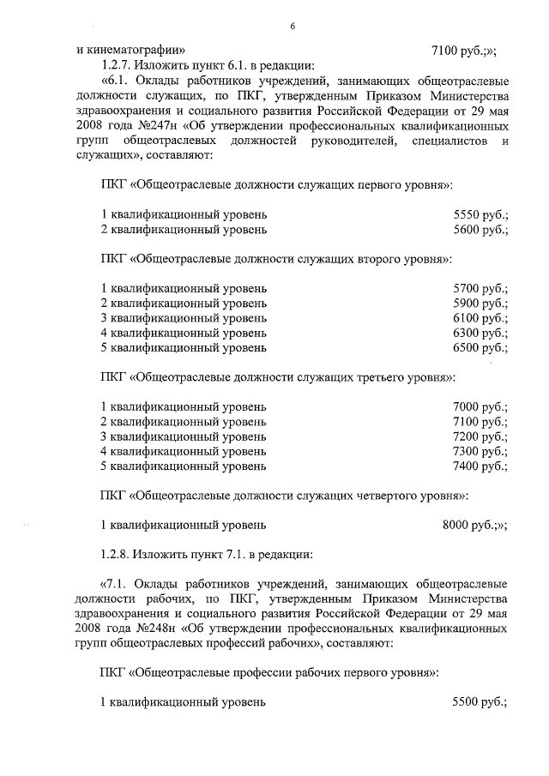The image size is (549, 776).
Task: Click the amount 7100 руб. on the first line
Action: (471, 50)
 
